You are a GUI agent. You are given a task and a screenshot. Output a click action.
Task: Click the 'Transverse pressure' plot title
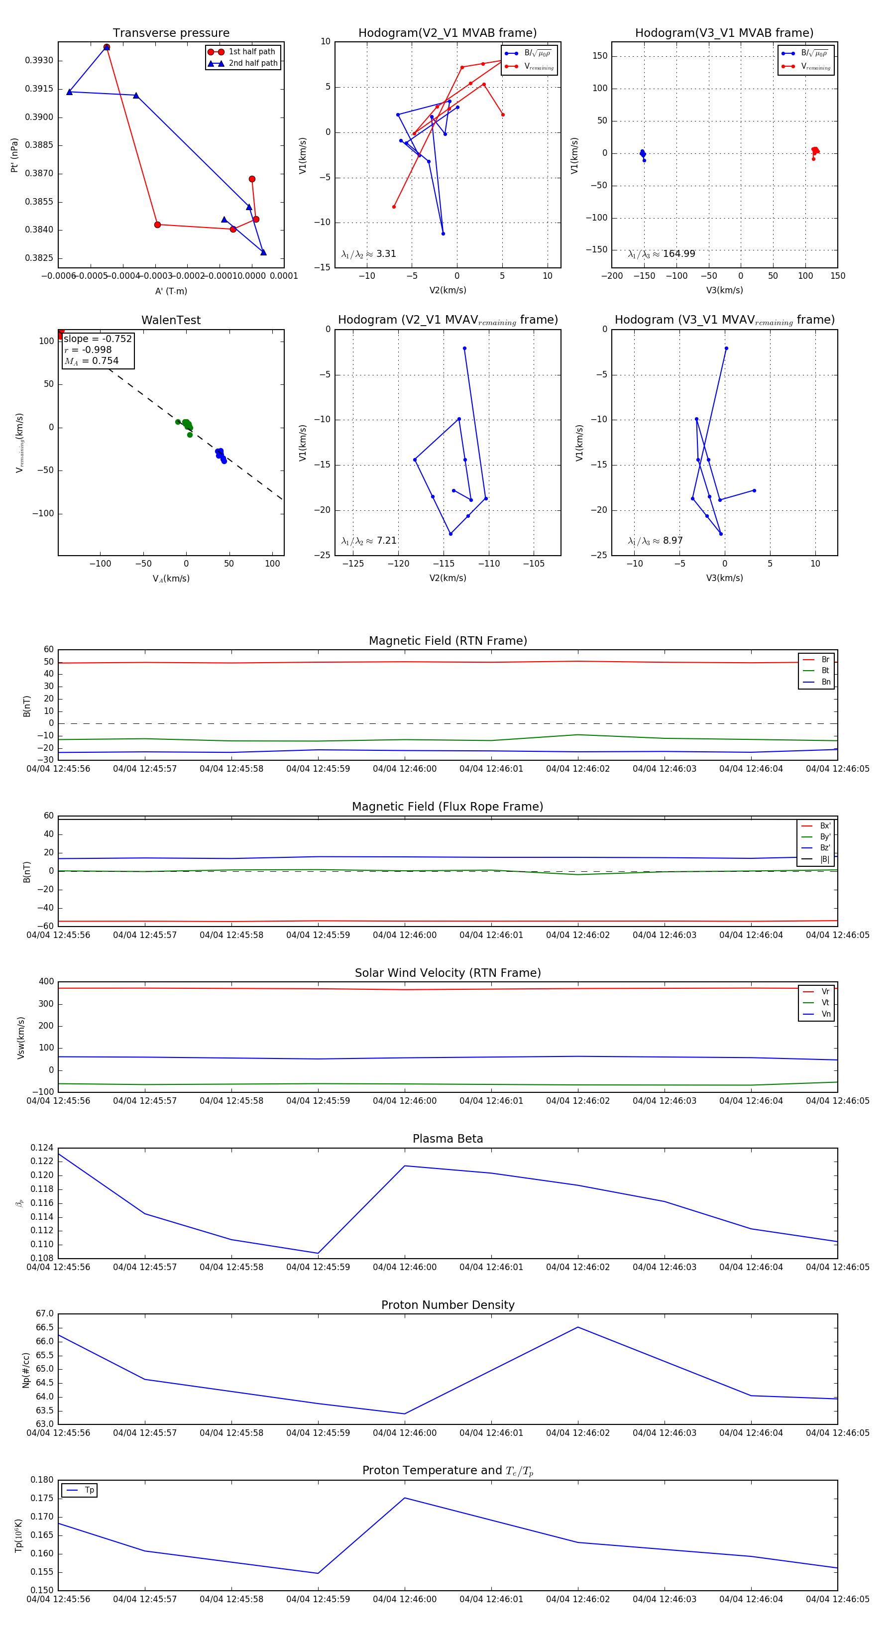171,33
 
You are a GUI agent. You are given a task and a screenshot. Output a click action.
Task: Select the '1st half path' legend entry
251,52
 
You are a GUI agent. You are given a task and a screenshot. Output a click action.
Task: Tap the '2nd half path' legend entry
252,63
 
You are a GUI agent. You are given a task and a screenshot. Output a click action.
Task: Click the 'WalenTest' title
171,320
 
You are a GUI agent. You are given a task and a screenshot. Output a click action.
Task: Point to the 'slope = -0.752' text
98,339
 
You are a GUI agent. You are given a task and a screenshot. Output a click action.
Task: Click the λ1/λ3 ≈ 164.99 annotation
662,254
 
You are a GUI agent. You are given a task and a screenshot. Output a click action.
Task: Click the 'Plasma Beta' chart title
448,1139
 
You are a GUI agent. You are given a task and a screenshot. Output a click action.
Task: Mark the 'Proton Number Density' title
448,1305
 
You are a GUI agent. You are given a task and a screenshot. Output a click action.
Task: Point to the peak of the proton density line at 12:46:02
578,1327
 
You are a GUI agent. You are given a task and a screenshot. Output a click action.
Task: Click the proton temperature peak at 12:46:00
404,1498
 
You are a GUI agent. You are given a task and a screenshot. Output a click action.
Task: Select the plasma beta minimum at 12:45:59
318,1253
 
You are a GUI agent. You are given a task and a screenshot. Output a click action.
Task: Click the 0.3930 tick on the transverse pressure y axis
39,61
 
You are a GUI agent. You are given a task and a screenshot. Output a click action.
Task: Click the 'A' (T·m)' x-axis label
171,291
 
